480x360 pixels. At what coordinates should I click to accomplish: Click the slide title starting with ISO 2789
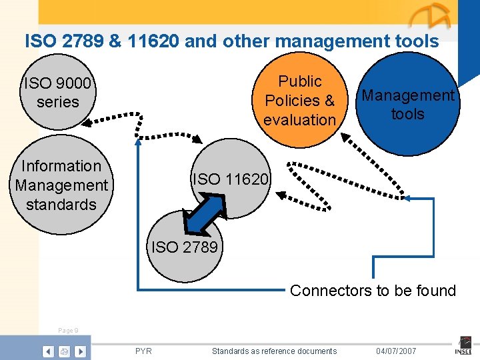(231, 41)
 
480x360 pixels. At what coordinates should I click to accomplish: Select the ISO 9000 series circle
(57, 93)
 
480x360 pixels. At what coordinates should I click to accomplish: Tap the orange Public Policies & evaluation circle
(299, 100)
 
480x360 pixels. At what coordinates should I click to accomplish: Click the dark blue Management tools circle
(407, 105)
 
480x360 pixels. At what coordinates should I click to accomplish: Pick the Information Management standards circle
(61, 185)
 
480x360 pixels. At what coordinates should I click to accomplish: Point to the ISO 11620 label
(231, 179)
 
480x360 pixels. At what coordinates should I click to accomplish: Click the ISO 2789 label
(184, 247)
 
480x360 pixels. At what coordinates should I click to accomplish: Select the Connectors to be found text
(373, 291)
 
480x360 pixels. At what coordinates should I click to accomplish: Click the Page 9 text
(68, 330)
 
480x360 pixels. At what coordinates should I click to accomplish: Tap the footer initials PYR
(143, 351)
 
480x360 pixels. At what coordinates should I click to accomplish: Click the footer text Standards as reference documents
(274, 351)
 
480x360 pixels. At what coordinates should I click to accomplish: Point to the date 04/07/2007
(396, 351)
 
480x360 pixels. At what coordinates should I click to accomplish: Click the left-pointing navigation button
(49, 351)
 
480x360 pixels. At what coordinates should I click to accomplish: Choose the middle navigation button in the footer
(64, 351)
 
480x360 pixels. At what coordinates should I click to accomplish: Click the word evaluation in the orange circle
(299, 120)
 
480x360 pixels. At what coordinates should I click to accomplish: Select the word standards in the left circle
(61, 204)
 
